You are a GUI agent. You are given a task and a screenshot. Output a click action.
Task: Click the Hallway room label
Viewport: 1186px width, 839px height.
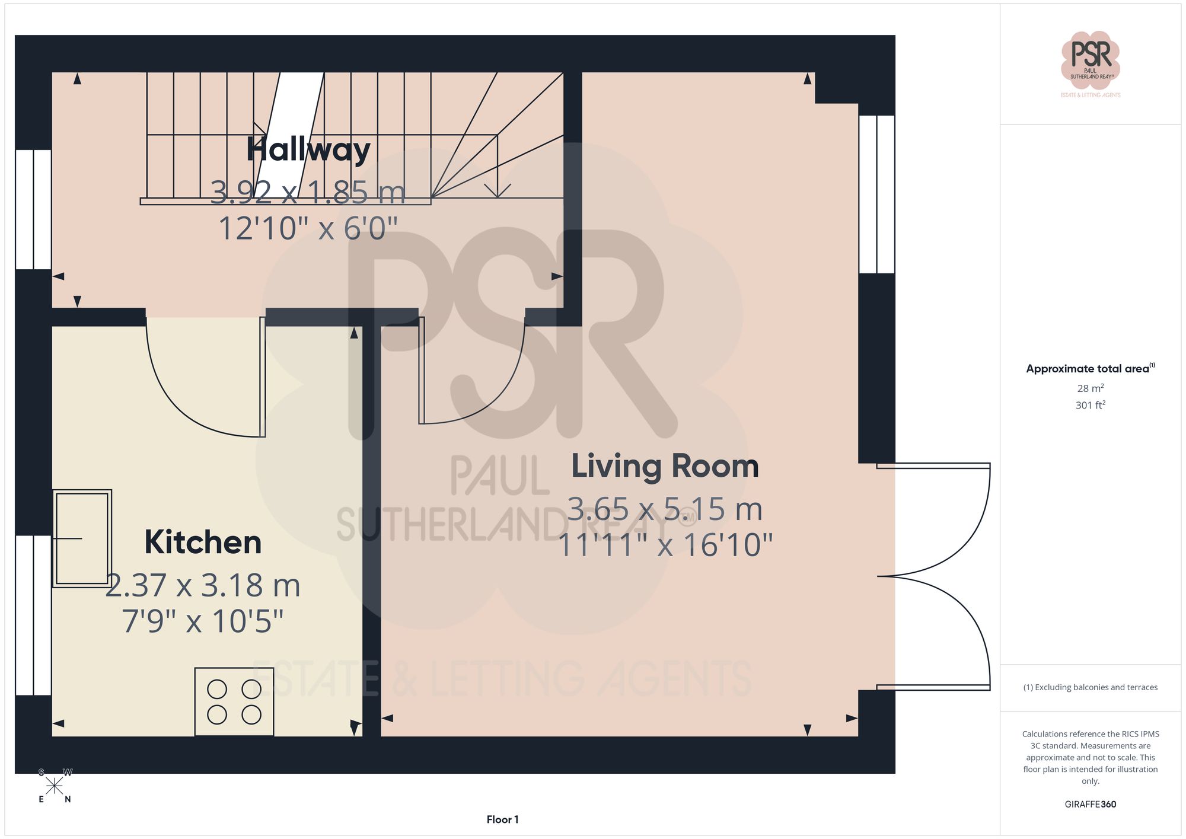pyautogui.click(x=308, y=149)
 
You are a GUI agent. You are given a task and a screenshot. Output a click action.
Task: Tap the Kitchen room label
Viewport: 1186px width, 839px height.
pyautogui.click(x=203, y=542)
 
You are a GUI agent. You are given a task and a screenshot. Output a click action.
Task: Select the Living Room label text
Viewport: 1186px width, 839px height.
pyautogui.click(x=665, y=466)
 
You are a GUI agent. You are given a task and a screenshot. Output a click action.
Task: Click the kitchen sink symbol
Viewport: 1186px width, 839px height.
pyautogui.click(x=82, y=538)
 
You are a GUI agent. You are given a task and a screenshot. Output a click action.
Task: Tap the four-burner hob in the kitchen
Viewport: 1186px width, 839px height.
pyautogui.click(x=234, y=701)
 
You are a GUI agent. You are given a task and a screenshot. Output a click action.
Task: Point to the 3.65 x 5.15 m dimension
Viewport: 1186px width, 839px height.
pyautogui.click(x=665, y=509)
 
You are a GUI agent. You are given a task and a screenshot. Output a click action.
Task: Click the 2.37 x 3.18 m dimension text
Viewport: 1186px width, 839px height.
pyautogui.click(x=203, y=586)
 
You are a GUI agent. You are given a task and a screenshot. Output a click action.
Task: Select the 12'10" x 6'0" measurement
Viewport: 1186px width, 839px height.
pyautogui.click(x=308, y=228)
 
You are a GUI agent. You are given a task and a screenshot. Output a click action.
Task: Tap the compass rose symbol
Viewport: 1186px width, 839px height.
pyautogui.click(x=54, y=786)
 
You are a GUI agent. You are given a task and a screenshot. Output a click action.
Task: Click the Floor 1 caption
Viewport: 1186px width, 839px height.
pyautogui.click(x=502, y=819)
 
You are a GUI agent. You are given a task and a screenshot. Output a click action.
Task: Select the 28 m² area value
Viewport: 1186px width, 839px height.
pyautogui.click(x=1090, y=388)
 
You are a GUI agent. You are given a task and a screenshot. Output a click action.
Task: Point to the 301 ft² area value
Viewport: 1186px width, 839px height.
pyautogui.click(x=1090, y=405)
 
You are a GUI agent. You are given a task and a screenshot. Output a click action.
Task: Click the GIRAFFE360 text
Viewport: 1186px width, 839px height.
pyautogui.click(x=1090, y=804)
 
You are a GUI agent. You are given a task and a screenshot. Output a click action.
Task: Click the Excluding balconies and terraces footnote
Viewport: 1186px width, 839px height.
pyautogui.click(x=1090, y=687)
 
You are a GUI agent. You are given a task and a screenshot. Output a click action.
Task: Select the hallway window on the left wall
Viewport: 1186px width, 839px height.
pyautogui.click(x=33, y=209)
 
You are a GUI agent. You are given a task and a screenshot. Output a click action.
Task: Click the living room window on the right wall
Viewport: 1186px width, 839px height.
pyautogui.click(x=876, y=194)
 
